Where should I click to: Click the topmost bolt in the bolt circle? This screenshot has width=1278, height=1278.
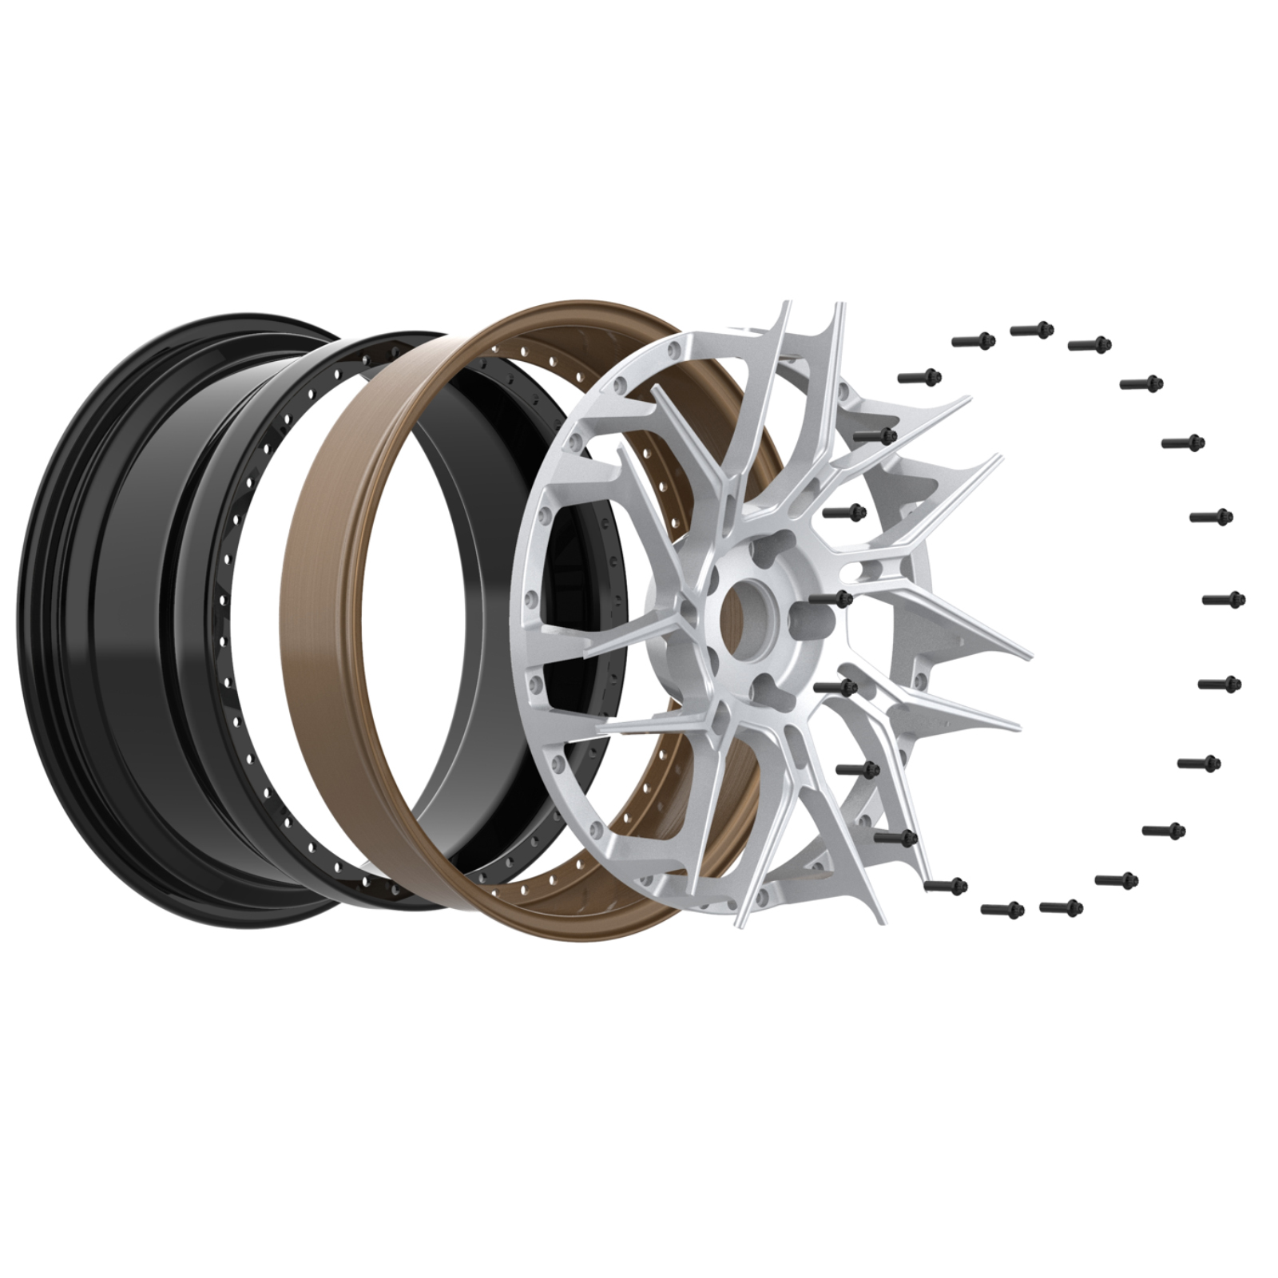click(1033, 329)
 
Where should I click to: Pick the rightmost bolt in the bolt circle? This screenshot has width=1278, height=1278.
click(1224, 599)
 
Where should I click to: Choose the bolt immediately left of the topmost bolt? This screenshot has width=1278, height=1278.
click(973, 340)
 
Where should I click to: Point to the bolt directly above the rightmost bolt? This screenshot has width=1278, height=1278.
click(1212, 517)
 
